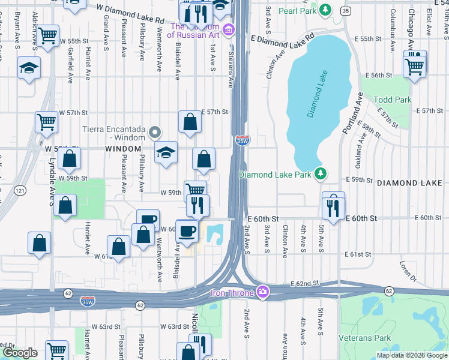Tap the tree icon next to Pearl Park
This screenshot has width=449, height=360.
325,10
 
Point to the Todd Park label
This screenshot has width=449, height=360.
392,100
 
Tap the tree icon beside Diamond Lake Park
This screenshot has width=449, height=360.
321,174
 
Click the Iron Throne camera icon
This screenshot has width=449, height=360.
262,293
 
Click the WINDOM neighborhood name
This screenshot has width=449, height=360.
123,148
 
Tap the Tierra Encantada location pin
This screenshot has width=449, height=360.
155,132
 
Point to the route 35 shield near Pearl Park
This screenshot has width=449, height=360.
345,11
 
